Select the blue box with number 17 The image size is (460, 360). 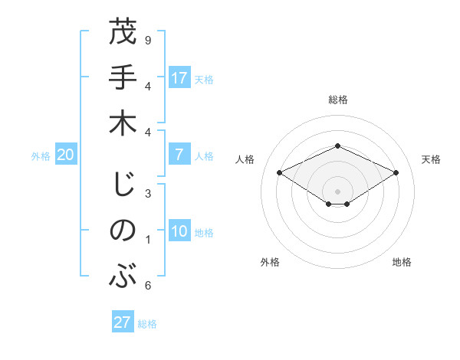179,78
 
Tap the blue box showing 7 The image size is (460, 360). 179,155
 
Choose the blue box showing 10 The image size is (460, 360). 179,232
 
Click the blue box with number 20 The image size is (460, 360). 65,155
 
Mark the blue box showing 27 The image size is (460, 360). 123,322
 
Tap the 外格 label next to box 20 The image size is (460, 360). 41,156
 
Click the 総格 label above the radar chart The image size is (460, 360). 337,100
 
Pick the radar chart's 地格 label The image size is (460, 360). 402,263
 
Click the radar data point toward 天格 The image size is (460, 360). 396,173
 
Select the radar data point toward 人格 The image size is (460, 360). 280,173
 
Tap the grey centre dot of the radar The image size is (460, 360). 337,191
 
